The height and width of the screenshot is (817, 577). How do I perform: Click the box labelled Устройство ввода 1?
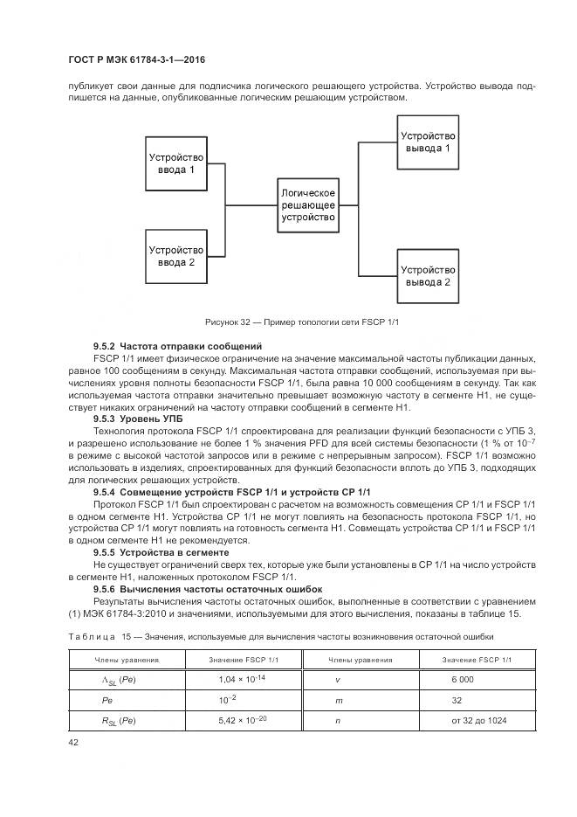pos(175,163)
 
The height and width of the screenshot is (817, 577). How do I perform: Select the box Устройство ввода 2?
pos(175,256)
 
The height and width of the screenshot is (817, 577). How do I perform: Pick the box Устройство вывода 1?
pos(428,142)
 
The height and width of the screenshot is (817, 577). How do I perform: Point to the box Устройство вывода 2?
pos(428,276)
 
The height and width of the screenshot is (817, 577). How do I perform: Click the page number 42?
pos(74,741)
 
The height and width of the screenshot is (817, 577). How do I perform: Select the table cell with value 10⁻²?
pos(227,700)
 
